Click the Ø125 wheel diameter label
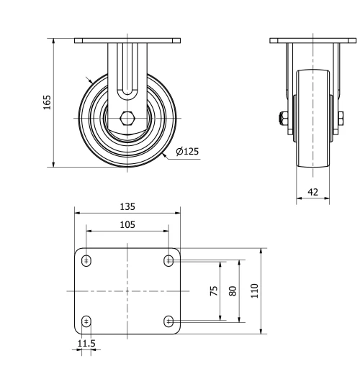(x=187, y=151)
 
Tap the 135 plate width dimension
(x=127, y=206)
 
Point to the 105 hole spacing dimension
(x=127, y=224)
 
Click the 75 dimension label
(x=214, y=290)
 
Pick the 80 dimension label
(x=232, y=290)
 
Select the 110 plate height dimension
(x=254, y=290)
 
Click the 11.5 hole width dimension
(x=86, y=344)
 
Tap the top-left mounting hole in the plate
(x=86, y=260)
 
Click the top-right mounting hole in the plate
(x=168, y=260)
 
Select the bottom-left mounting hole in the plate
(x=86, y=321)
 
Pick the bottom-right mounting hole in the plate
(x=168, y=321)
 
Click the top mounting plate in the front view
(x=127, y=40)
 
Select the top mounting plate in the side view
(x=312, y=40)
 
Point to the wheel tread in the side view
(x=312, y=144)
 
